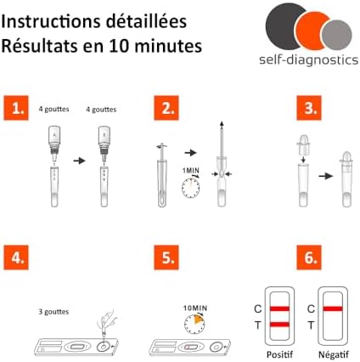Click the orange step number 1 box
pyautogui.click(x=16, y=108)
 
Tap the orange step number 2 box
pyautogui.click(x=166, y=108)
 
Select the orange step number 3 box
pyautogui.click(x=309, y=108)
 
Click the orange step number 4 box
pyautogui.click(x=16, y=257)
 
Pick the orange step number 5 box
pyautogui.click(x=166, y=257)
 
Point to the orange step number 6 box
pyautogui.click(x=309, y=257)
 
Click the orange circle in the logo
pyautogui.click(x=312, y=31)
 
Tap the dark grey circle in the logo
pyautogui.click(x=282, y=26)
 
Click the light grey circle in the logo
pyautogui.click(x=337, y=35)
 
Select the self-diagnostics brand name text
pyautogui.click(x=309, y=60)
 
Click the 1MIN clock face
pyautogui.click(x=191, y=188)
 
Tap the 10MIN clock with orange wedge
pyautogui.click(x=194, y=324)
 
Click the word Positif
pyautogui.click(x=279, y=354)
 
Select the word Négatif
pyautogui.click(x=334, y=354)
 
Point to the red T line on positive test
pyautogui.click(x=279, y=325)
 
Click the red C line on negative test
pyautogui.click(x=333, y=308)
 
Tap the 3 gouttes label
pyautogui.click(x=53, y=312)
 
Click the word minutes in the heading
pyautogui.click(x=168, y=46)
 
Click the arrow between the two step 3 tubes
pyautogui.click(x=326, y=176)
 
